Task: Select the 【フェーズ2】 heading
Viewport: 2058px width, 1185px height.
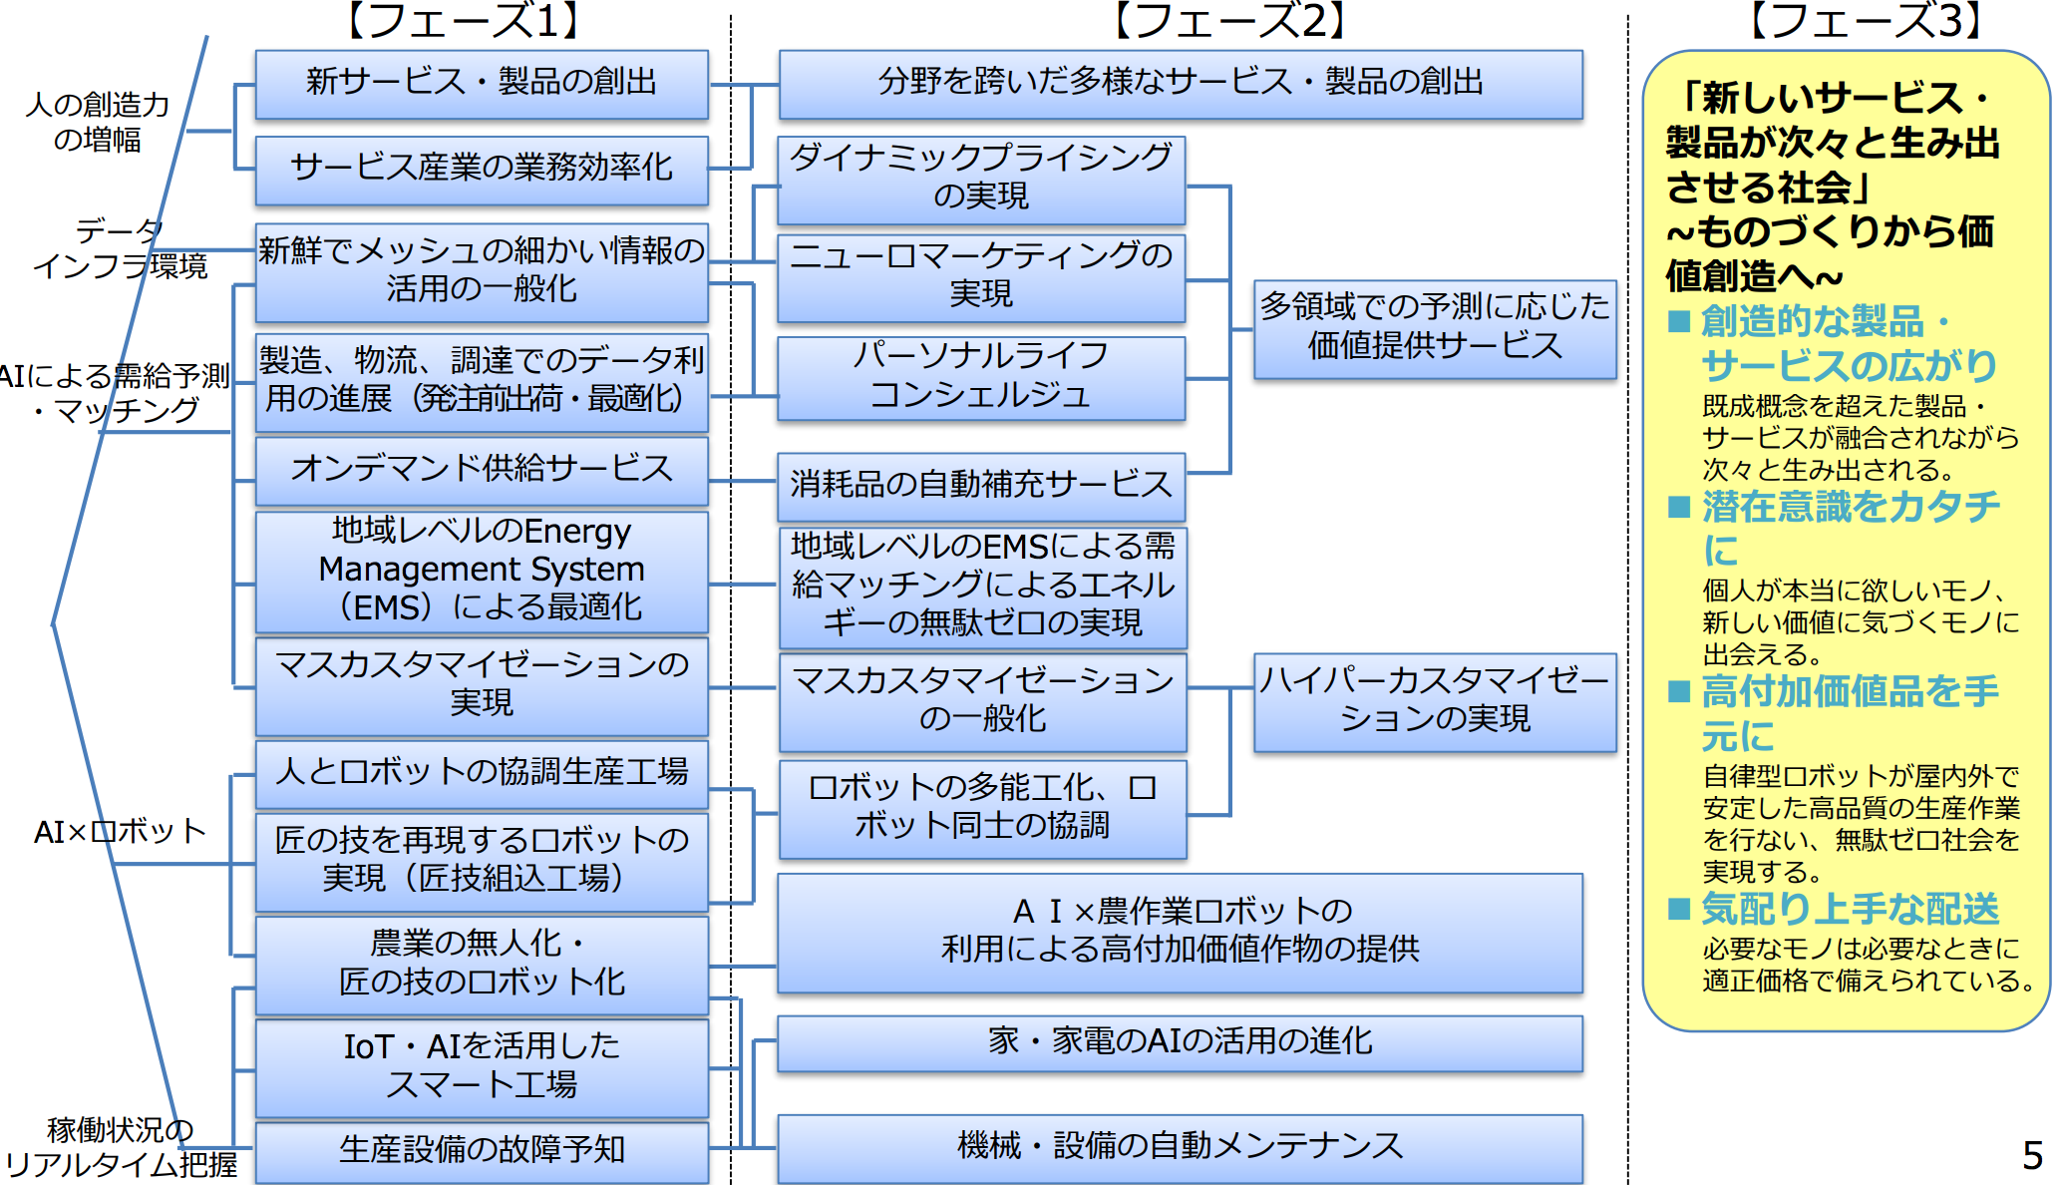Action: [1230, 20]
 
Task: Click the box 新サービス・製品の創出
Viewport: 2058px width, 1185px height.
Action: [482, 83]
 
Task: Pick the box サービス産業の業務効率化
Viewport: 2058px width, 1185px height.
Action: [482, 169]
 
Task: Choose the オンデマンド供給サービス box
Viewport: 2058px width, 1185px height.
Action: [482, 469]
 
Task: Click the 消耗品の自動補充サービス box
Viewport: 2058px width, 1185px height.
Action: [981, 486]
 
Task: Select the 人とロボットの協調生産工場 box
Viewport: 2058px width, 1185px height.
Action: [482, 772]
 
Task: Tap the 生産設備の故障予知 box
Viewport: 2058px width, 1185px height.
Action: [482, 1150]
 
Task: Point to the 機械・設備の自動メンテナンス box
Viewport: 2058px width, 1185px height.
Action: [1180, 1146]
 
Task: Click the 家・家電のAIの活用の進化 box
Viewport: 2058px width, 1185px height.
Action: [1180, 1042]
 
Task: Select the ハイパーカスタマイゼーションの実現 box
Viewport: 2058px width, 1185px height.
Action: [1434, 700]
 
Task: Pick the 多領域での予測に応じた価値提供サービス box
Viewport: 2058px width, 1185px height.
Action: [1434, 327]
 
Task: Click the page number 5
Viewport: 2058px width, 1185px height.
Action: [2032, 1156]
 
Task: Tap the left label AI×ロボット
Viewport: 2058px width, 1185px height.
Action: [120, 832]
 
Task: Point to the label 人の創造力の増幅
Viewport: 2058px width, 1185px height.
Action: [98, 122]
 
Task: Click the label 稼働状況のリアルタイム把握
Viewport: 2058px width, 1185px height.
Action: [121, 1148]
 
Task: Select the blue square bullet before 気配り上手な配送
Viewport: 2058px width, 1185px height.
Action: [1679, 909]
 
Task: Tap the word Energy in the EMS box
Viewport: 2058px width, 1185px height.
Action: [577, 532]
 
